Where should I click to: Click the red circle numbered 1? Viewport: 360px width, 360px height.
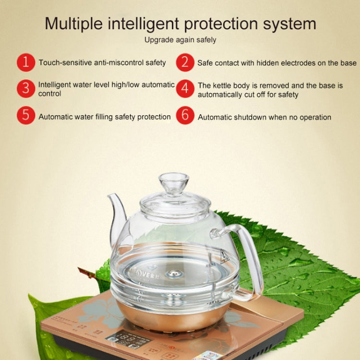tap(26, 62)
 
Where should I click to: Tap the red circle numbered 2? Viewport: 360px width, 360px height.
tap(185, 62)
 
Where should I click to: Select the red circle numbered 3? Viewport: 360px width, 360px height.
tap(26, 89)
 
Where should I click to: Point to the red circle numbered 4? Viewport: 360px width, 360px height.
tap(185, 89)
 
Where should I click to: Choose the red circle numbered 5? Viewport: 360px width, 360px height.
tap(26, 116)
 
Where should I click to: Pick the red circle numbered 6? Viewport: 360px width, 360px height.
tap(185, 116)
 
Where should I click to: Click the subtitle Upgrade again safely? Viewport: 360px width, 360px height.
tap(180, 40)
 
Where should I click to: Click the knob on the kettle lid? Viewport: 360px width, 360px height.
tap(173, 182)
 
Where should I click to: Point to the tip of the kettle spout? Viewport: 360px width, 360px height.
tap(109, 195)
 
